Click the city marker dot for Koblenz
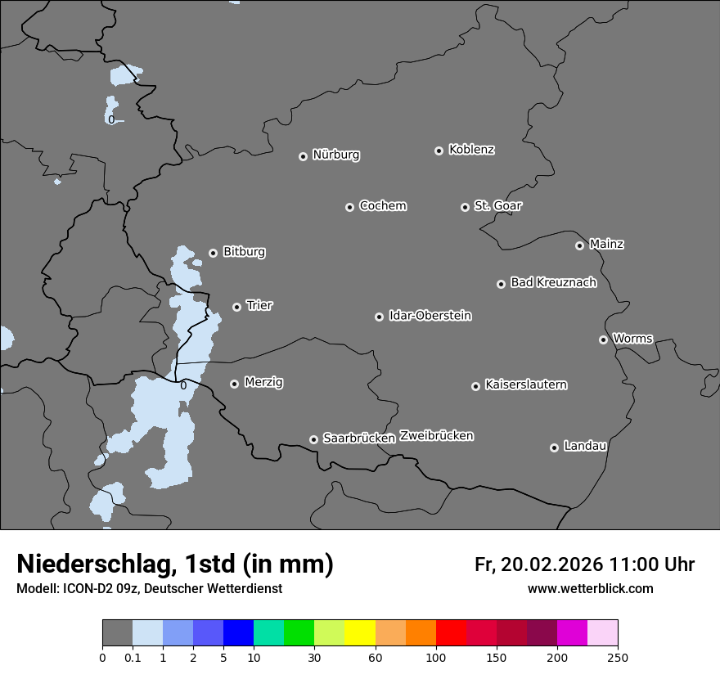(439, 151)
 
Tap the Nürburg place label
(335, 155)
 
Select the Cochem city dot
(349, 207)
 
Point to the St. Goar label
(497, 205)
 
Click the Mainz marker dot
(579, 245)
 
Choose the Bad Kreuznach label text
(553, 282)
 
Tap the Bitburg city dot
(213, 253)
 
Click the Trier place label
(259, 305)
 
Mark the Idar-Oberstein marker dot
(379, 317)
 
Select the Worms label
(632, 338)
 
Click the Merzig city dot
(234, 384)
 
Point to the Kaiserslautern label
(525, 384)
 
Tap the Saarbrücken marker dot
(313, 439)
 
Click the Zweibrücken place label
(436, 436)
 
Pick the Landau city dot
(554, 447)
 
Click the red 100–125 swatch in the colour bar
(451, 633)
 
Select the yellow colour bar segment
(360, 633)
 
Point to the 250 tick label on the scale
(617, 657)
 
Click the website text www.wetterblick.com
(590, 589)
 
